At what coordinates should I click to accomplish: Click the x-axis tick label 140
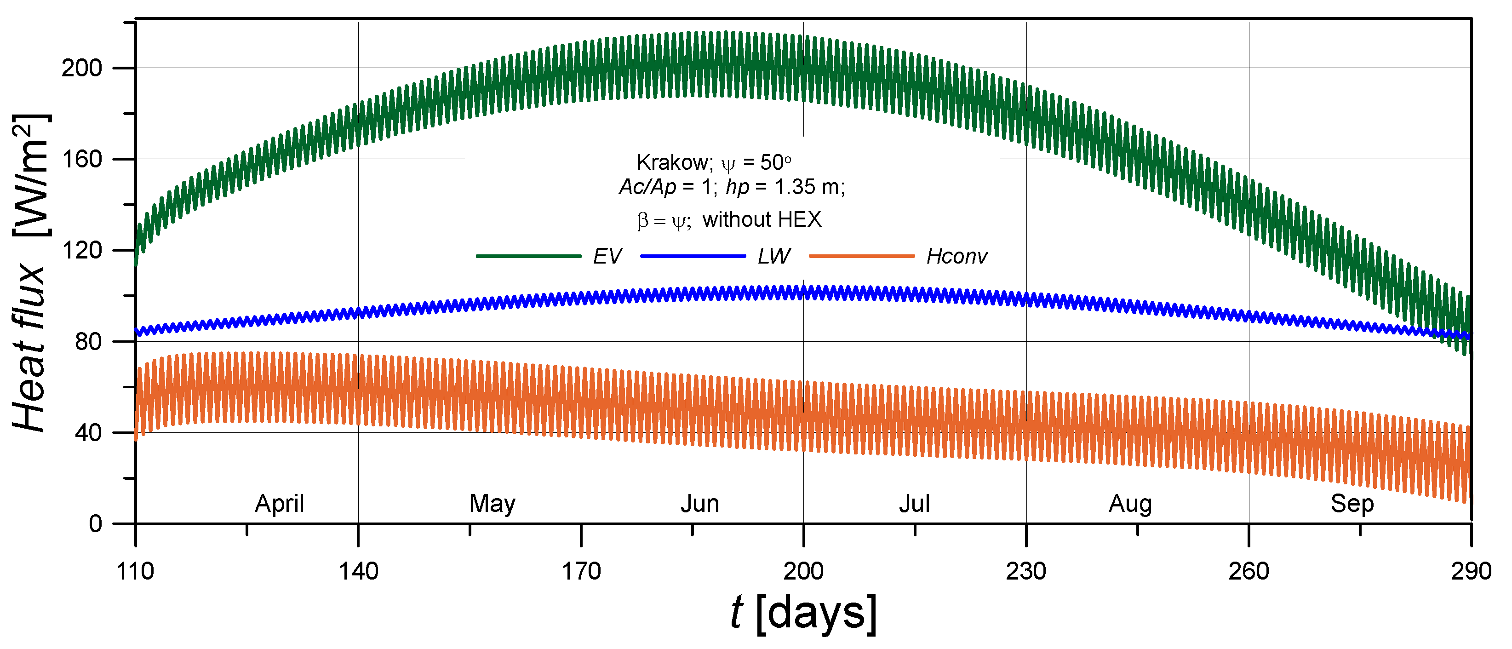point(358,571)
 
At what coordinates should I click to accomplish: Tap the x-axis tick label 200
point(803,571)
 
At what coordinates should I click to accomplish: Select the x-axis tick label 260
point(1249,571)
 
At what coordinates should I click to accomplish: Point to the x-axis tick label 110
point(135,571)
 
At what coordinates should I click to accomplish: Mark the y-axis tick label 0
point(96,523)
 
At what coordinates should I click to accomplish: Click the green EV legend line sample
point(528,256)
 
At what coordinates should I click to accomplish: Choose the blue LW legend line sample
point(693,256)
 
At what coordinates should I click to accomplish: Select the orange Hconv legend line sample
point(862,256)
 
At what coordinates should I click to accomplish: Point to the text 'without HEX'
point(762,220)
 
